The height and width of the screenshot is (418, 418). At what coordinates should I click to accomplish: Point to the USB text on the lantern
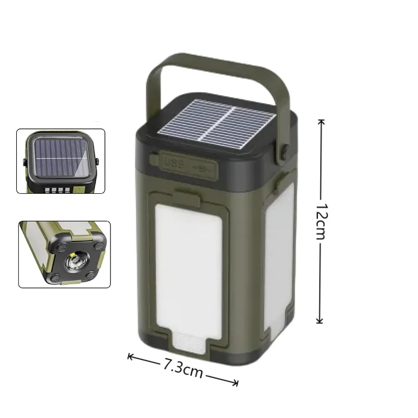[173, 162]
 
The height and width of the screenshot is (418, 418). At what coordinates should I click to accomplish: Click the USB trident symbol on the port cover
[201, 168]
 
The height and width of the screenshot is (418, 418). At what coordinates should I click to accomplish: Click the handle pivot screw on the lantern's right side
[285, 152]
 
